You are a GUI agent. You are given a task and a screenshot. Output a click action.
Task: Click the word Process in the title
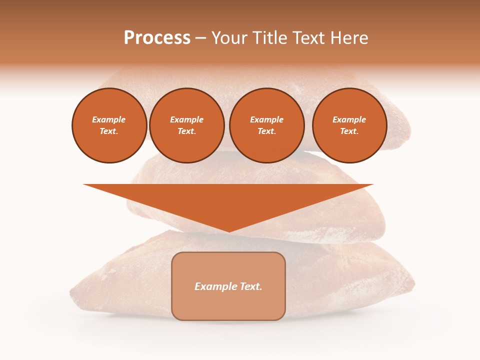tap(157, 38)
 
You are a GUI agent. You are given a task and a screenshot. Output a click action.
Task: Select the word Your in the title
tap(229, 38)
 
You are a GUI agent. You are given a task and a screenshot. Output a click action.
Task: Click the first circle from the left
tap(109, 125)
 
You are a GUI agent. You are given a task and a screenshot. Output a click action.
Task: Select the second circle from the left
tap(187, 125)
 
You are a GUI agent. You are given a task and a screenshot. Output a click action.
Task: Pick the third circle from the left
tap(266, 125)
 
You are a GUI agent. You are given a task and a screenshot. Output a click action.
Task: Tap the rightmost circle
tap(349, 125)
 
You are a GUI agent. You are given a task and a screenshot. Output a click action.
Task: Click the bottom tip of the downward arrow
tap(229, 231)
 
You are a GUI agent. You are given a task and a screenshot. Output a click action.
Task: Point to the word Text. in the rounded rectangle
tap(250, 286)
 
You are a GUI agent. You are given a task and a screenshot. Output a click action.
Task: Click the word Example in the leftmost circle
tap(109, 120)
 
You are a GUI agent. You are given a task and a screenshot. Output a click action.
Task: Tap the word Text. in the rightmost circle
tap(349, 131)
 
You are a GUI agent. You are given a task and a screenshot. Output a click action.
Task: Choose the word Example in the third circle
tap(266, 120)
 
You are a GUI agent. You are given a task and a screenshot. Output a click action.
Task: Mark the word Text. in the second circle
tap(186, 131)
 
